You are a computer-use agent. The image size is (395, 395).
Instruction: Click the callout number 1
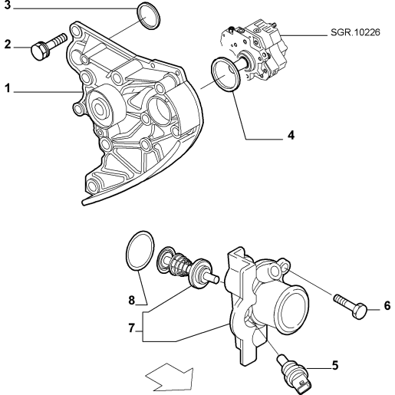click(8, 88)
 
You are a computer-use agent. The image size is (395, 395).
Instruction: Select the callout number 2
click(8, 44)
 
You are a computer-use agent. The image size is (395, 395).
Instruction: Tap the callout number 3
click(8, 5)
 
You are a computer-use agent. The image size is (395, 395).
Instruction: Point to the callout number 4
click(291, 135)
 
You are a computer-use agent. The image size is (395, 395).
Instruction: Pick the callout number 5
click(335, 365)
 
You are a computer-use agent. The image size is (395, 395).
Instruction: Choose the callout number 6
click(387, 305)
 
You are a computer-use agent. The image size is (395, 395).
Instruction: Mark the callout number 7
click(131, 328)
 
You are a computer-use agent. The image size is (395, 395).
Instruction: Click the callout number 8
click(132, 300)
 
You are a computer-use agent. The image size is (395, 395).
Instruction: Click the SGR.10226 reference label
click(355, 32)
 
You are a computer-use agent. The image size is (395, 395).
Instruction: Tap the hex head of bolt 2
click(40, 52)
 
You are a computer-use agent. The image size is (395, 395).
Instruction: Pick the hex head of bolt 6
click(360, 311)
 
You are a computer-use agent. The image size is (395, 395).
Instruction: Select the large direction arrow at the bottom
click(170, 377)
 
